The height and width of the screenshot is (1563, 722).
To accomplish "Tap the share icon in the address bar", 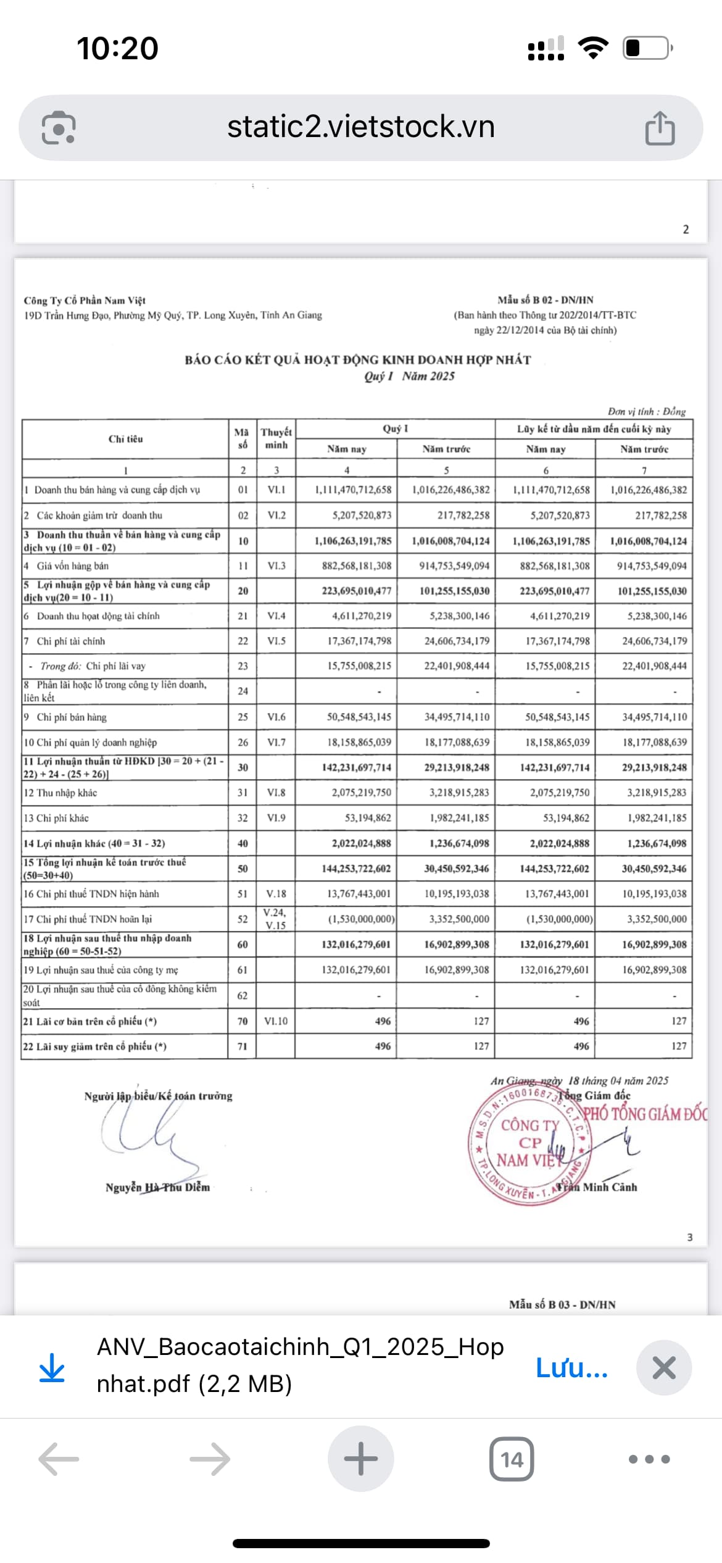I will (x=660, y=128).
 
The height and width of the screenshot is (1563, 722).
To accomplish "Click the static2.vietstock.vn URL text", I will (x=361, y=127).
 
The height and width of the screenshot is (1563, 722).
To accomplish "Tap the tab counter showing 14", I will (x=512, y=1459).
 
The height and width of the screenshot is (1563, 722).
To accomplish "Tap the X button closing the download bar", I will (x=664, y=1368).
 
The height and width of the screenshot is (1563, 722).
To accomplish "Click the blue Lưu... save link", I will (x=571, y=1368).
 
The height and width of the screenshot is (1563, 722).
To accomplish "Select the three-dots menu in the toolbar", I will (x=649, y=1459).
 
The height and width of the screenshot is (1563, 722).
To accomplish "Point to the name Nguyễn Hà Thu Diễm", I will (x=157, y=1187).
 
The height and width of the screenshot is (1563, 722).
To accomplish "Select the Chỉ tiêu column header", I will (x=125, y=439).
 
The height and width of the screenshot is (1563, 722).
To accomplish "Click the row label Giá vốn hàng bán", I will (x=72, y=565).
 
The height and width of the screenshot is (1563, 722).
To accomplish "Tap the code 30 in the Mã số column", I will (x=243, y=767).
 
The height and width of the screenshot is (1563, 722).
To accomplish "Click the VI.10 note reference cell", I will (x=276, y=1021).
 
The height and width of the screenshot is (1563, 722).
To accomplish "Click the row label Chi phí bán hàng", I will (x=71, y=717).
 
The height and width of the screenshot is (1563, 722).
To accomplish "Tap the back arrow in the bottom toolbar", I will (x=59, y=1459).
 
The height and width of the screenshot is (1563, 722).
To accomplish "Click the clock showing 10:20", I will (x=117, y=48).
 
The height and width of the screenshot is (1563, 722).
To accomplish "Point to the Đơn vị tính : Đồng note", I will (x=646, y=412).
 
